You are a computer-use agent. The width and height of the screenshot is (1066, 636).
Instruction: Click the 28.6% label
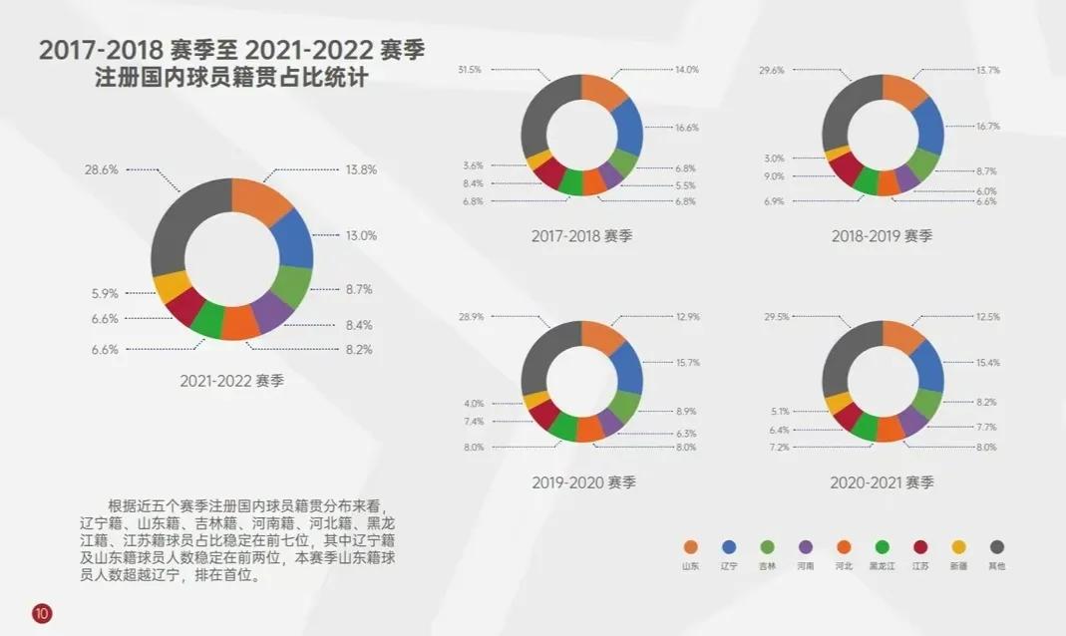tap(102, 170)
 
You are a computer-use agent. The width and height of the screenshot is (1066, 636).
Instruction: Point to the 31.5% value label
tap(470, 70)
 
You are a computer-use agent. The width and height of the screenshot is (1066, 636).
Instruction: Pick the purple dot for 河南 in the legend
tap(806, 546)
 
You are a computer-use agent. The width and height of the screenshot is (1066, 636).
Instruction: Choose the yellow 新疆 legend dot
tap(959, 546)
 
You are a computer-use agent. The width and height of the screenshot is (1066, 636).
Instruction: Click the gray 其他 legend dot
tap(997, 546)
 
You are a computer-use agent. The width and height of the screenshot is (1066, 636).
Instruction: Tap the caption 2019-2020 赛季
tap(583, 482)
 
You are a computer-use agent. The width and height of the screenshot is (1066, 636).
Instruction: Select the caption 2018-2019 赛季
tap(883, 236)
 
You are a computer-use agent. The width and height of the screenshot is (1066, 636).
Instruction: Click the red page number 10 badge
tap(41, 612)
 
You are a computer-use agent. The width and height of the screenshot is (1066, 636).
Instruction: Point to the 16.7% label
tap(987, 127)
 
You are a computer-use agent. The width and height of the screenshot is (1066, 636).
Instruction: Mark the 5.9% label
tap(105, 294)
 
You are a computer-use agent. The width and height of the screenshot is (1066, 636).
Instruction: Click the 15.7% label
tap(687, 363)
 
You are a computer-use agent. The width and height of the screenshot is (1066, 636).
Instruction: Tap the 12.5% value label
tap(987, 317)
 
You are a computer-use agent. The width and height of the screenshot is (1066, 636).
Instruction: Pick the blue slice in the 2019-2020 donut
tap(628, 367)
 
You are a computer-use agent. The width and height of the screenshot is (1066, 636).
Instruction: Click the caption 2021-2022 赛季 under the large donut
tap(231, 381)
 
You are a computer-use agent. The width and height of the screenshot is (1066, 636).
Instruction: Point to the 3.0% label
tap(774, 159)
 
